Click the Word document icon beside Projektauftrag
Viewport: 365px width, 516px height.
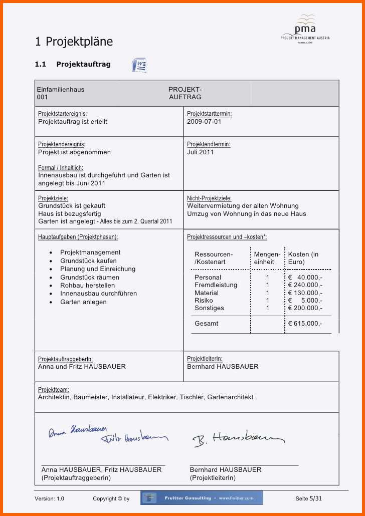(x=139, y=65)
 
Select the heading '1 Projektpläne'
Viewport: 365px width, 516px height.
(x=74, y=42)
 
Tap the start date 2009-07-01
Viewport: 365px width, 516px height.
(x=204, y=122)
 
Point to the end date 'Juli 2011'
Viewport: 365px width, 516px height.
(x=201, y=152)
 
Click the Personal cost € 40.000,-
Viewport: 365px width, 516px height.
(x=305, y=278)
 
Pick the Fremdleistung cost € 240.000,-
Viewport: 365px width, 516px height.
(x=305, y=285)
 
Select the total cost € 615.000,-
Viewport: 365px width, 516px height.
(x=305, y=324)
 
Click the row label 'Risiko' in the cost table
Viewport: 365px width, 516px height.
(x=204, y=301)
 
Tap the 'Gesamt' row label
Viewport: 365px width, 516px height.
(x=207, y=324)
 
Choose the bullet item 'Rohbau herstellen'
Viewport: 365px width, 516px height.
(x=87, y=286)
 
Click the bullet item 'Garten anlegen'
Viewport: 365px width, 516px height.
(x=83, y=302)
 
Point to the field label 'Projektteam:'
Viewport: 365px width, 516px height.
(x=54, y=390)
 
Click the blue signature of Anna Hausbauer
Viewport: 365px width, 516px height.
(x=78, y=431)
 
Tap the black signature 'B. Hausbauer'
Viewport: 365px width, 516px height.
(x=238, y=439)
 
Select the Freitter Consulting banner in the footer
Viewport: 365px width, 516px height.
(x=202, y=498)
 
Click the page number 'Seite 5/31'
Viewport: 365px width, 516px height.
(x=308, y=498)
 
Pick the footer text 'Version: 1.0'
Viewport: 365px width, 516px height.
(x=49, y=498)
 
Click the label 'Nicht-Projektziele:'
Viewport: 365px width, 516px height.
(x=209, y=198)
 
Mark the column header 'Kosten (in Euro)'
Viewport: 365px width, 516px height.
(x=303, y=258)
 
